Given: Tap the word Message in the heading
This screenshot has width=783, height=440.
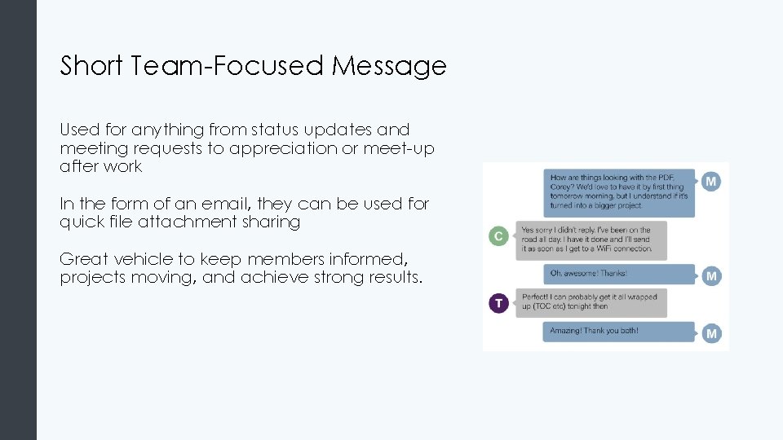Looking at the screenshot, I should [x=389, y=65].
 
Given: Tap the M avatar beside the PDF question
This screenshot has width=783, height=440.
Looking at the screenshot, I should [x=711, y=182].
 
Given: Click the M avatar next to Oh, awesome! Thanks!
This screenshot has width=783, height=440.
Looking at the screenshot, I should [x=711, y=275].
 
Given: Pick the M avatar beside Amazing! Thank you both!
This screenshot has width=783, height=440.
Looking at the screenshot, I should [x=711, y=332].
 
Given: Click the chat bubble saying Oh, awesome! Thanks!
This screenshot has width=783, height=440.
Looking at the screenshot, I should [x=620, y=274].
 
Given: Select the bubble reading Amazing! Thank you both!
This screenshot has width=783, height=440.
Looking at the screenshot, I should [x=620, y=331].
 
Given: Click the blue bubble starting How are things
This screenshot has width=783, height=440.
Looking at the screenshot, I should [x=620, y=192].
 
